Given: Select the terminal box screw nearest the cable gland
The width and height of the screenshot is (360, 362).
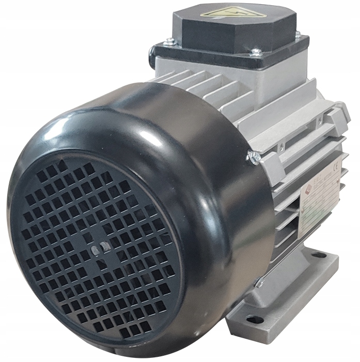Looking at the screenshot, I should pos(167,43).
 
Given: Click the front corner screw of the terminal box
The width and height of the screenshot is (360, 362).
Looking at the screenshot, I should pos(255,52).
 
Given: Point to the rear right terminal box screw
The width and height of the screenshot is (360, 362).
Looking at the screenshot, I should pos(298,34).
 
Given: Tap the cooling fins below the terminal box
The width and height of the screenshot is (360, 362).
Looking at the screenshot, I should pos(207,88).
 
